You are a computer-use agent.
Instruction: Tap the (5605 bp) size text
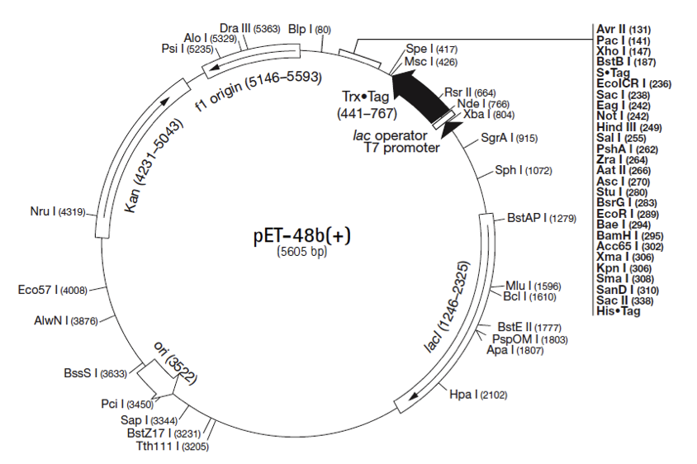click(x=302, y=253)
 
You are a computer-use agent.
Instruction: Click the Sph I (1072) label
click(x=523, y=171)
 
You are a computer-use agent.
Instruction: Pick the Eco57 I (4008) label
click(x=52, y=290)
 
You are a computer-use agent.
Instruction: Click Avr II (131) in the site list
click(x=624, y=29)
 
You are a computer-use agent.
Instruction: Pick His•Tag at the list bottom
click(x=619, y=310)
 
